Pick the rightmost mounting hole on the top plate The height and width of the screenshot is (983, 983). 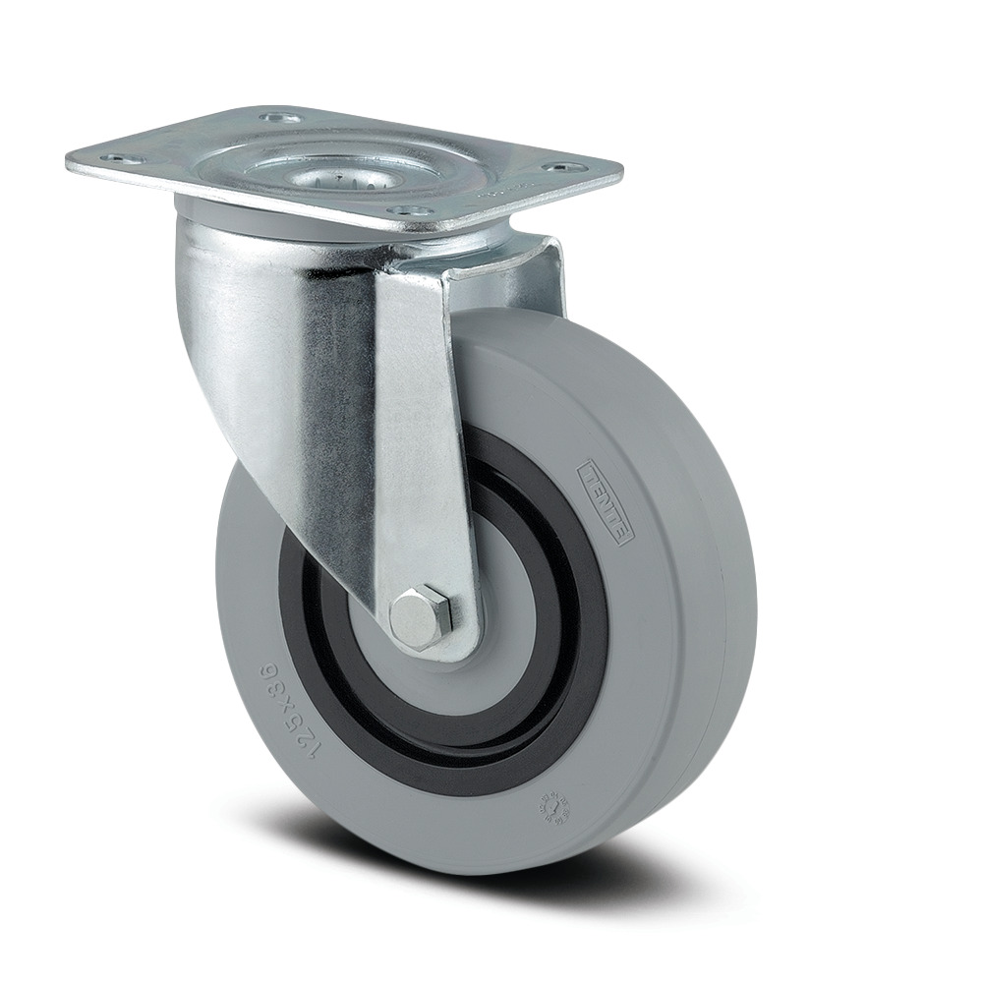tap(571, 168)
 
